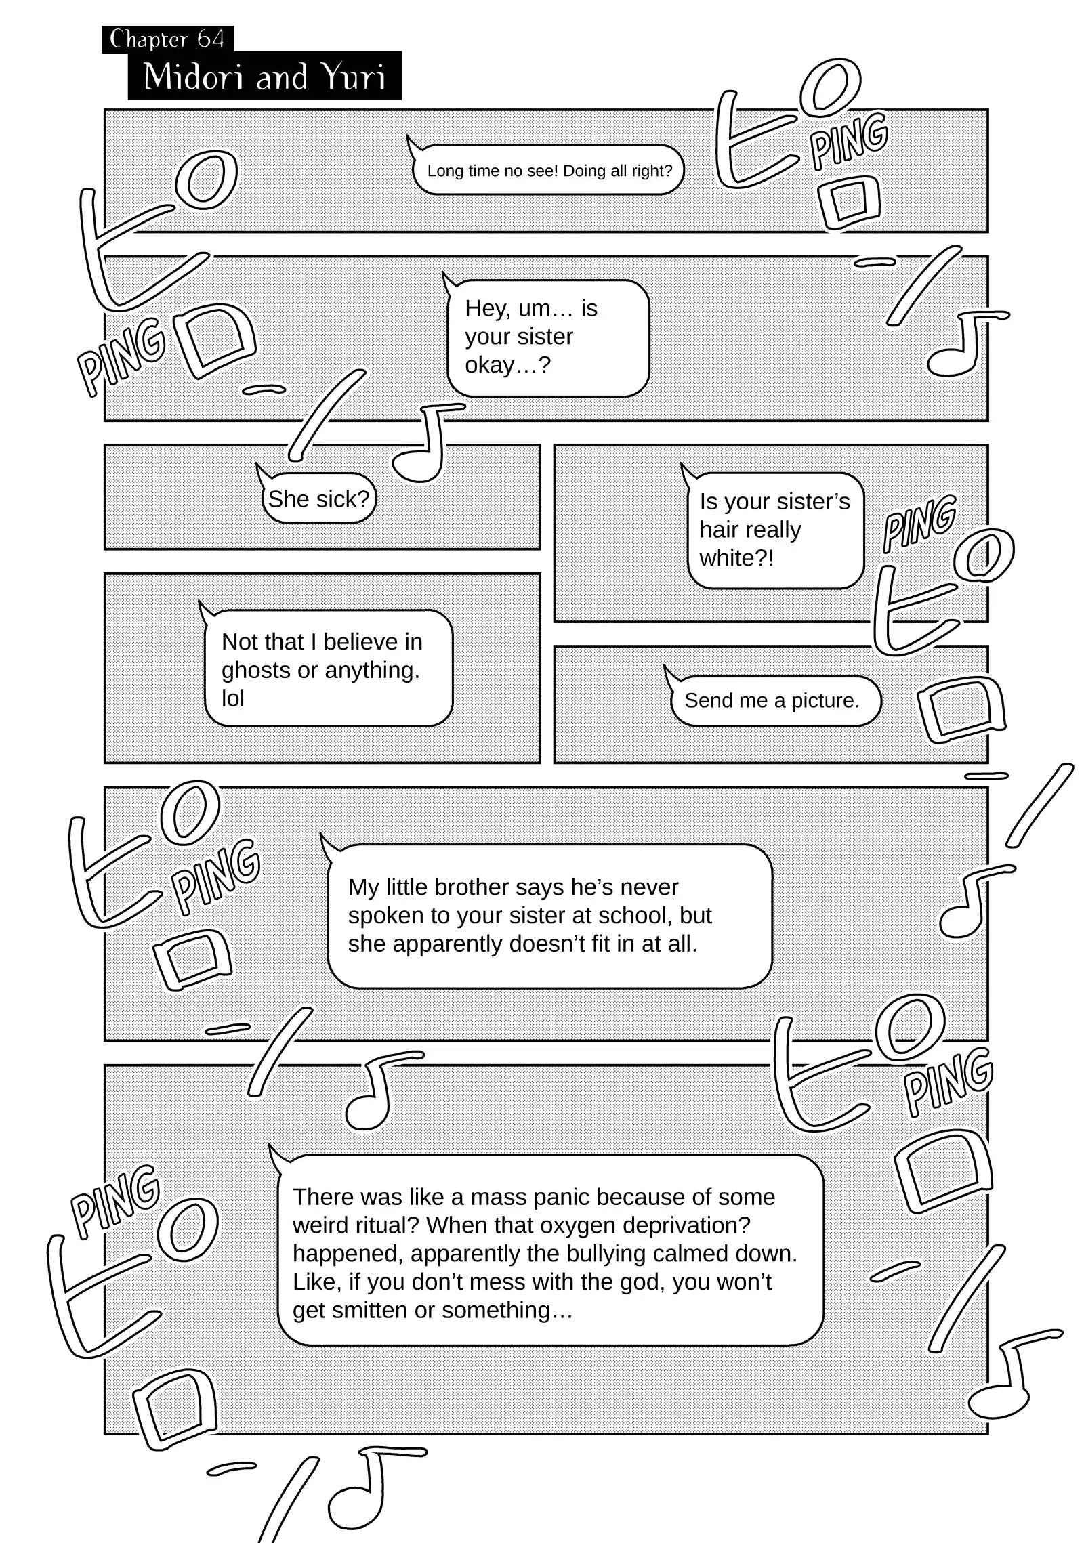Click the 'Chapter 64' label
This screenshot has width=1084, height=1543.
[x=167, y=39]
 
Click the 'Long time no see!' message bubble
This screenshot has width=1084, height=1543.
[x=549, y=171]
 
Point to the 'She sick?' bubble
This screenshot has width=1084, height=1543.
[x=318, y=499]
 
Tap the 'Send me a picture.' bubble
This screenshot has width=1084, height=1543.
[x=772, y=700]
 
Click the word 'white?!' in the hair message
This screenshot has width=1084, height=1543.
[x=736, y=558]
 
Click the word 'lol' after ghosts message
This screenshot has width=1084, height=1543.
[x=232, y=698]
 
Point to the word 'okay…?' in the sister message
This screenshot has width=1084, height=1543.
[x=507, y=365]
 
